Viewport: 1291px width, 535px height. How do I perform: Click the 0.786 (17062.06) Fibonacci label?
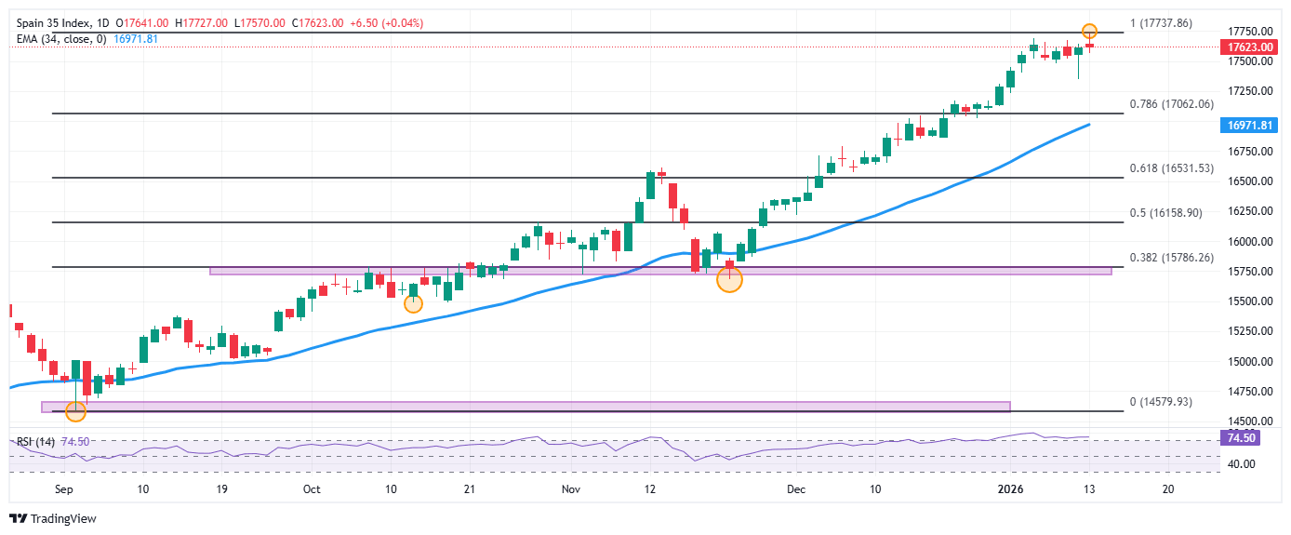click(1171, 104)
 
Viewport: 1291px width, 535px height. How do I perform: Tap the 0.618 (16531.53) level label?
click(1171, 168)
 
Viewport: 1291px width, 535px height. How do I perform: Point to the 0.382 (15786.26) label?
click(1171, 258)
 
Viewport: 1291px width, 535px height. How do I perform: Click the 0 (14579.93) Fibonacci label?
click(1160, 402)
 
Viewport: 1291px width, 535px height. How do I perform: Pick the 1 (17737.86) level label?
click(1160, 23)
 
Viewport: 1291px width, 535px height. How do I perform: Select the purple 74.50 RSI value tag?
click(1242, 437)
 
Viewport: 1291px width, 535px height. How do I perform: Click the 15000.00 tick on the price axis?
click(1249, 362)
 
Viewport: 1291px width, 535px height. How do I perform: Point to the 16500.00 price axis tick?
click(1249, 181)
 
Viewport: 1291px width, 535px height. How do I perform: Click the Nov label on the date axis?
click(570, 488)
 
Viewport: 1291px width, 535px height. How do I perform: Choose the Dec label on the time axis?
click(795, 488)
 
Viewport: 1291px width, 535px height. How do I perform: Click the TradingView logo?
click(53, 518)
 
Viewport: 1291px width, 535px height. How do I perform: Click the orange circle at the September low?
click(75, 411)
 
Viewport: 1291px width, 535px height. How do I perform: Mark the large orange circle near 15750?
click(730, 279)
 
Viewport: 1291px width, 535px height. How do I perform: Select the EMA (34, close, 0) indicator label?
click(60, 39)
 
